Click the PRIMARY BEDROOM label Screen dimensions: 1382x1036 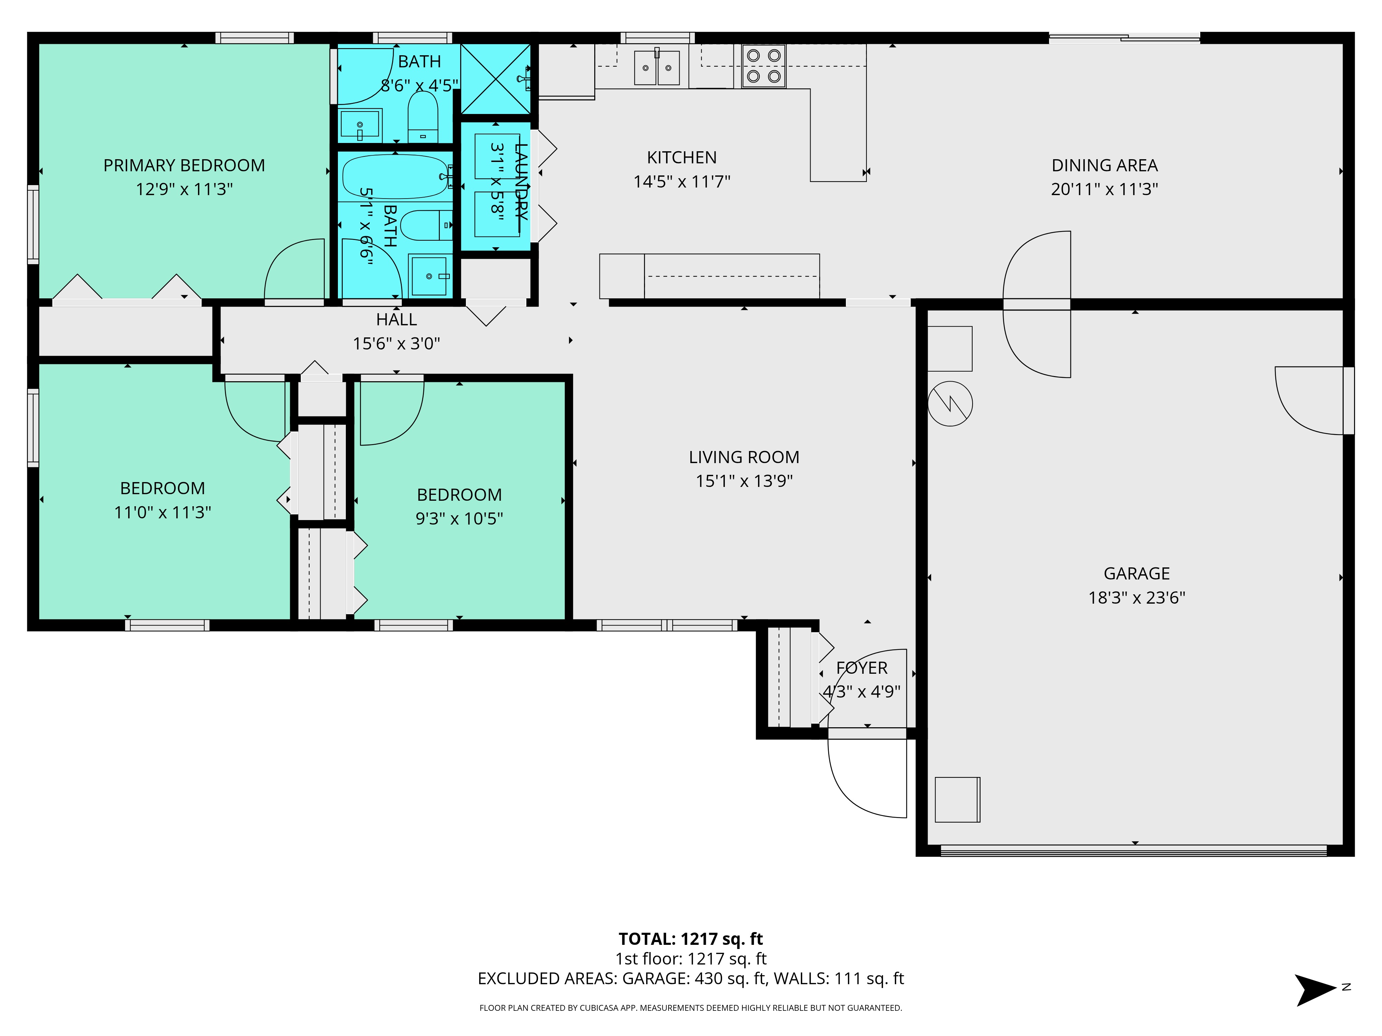[184, 165]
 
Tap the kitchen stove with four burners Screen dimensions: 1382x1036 [764, 66]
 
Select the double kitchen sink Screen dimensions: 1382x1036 [657, 67]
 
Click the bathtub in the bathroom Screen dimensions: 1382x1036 [396, 177]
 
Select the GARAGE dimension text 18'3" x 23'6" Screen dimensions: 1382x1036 [1136, 598]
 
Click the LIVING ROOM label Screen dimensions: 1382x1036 [744, 457]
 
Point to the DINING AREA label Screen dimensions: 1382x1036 [1105, 165]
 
